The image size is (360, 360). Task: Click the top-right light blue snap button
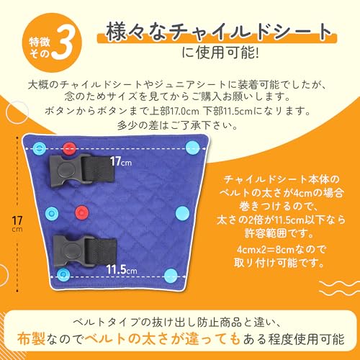(x=191, y=148)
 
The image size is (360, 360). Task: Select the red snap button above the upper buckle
(x=68, y=149)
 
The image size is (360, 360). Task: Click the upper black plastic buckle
(x=60, y=169)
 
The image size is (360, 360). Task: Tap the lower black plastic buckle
(x=62, y=252)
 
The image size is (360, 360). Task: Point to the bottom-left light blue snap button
(x=64, y=274)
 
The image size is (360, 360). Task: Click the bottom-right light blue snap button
(x=170, y=275)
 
